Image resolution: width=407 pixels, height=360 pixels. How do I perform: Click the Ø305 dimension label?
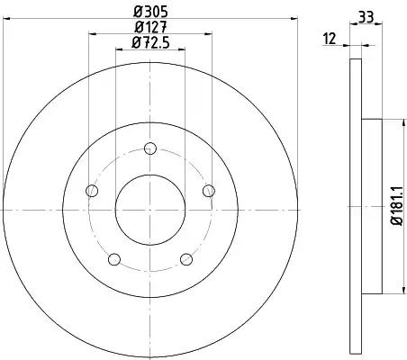(x=150, y=12)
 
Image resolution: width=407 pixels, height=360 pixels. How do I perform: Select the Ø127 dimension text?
(x=150, y=28)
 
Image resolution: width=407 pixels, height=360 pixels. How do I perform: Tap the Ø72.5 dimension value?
(x=150, y=43)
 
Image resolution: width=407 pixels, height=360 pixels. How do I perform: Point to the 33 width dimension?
(x=366, y=17)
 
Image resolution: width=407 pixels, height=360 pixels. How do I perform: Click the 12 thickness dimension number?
(x=330, y=39)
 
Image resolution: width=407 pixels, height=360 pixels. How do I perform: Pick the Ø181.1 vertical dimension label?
(x=396, y=205)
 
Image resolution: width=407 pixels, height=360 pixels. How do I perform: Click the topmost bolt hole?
(x=150, y=148)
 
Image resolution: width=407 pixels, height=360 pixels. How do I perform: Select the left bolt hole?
(x=92, y=191)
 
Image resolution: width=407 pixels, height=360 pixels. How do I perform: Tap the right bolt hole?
(x=209, y=191)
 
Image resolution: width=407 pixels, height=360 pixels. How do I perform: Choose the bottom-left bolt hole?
(x=114, y=259)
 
